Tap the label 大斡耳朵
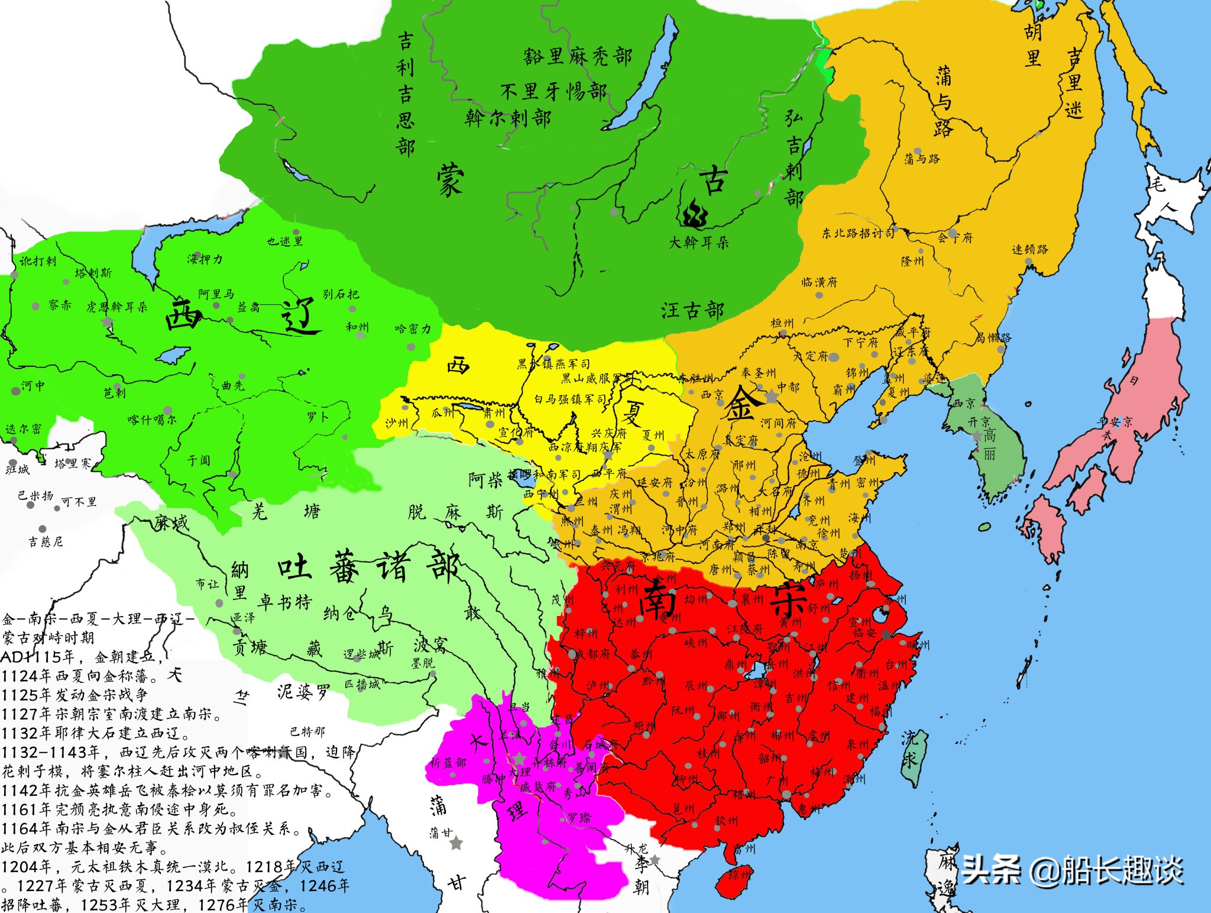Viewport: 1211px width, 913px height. click(x=698, y=242)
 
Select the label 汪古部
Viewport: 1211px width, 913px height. click(x=692, y=310)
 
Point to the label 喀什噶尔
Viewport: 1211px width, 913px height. click(x=151, y=420)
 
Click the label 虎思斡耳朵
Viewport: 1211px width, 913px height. click(x=117, y=307)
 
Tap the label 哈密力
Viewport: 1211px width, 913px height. click(x=413, y=328)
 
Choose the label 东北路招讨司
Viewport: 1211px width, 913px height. click(x=858, y=233)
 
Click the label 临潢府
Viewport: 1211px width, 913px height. click(x=820, y=282)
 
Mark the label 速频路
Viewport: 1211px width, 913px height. click(x=1030, y=249)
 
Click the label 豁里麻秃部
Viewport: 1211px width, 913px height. click(x=577, y=56)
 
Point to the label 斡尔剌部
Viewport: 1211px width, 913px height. click(x=508, y=118)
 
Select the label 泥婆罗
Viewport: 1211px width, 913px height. click(x=303, y=692)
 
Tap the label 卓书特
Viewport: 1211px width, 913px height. click(x=286, y=602)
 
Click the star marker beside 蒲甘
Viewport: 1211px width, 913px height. click(x=456, y=843)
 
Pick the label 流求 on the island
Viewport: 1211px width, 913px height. click(x=909, y=748)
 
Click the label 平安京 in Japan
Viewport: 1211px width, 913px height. click(x=1115, y=421)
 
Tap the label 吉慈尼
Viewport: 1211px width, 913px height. click(x=46, y=541)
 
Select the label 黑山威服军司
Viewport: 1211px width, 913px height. click(x=592, y=379)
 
